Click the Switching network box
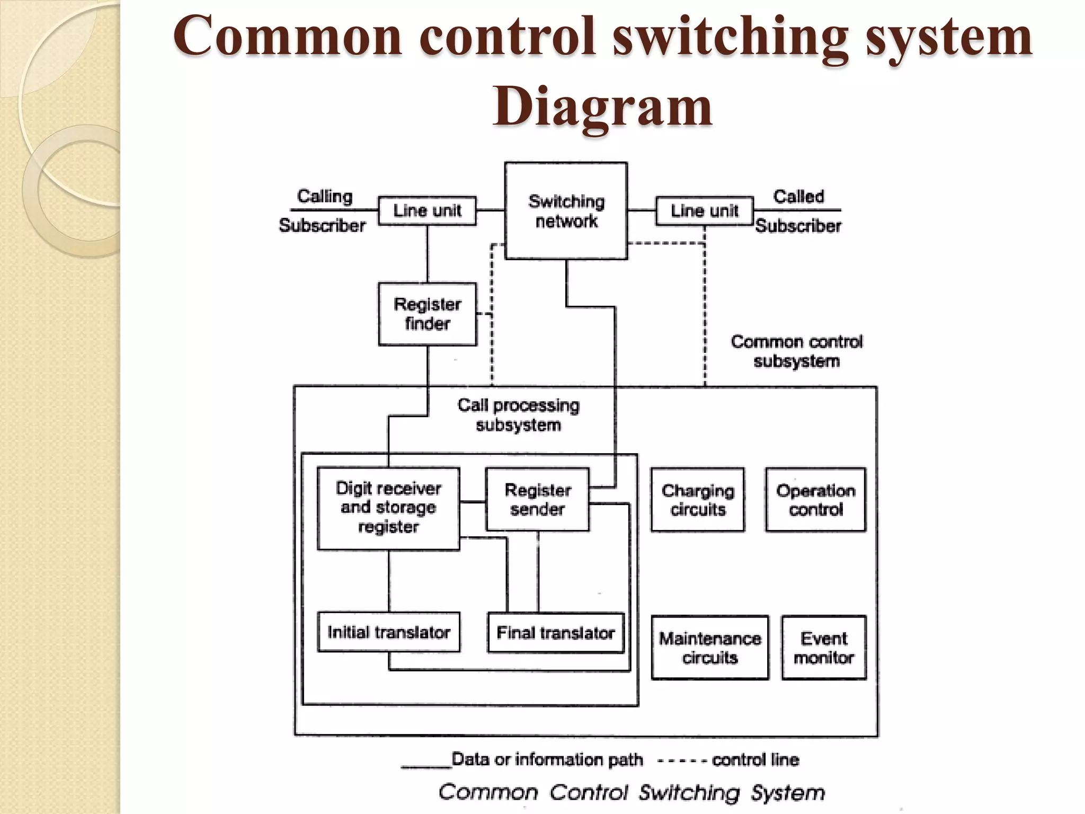coord(566,211)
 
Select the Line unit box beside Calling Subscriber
coord(427,211)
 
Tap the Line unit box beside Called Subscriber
coord(704,211)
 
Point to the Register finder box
coord(427,314)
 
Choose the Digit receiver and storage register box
coord(388,508)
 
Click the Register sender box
coord(537,499)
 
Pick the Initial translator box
coord(388,632)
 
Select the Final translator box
coord(555,633)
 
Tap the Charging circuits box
coord(697,500)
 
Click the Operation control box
coord(815,500)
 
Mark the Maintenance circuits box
coord(709,648)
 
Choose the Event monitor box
coord(824,648)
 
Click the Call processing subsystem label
coord(518,415)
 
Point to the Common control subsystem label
coord(796,351)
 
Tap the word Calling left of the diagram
coord(324,196)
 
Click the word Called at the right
coord(798,197)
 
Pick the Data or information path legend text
coord(547,759)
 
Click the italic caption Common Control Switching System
coord(632,792)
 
